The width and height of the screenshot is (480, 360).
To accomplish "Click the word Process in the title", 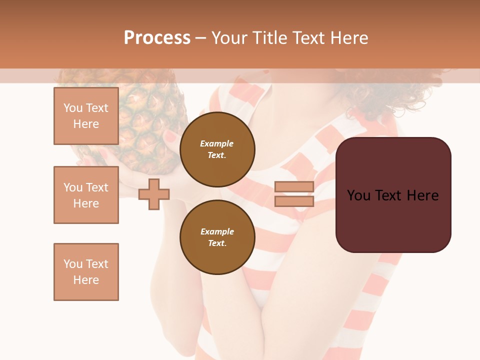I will pyautogui.click(x=157, y=38).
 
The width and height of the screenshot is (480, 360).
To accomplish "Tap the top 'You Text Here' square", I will pyautogui.click(x=86, y=116).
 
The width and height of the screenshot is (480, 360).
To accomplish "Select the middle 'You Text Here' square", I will pyautogui.click(x=86, y=195).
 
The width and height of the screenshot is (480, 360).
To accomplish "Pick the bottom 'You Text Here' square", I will pyautogui.click(x=86, y=271).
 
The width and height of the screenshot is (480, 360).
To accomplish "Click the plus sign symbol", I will pyautogui.click(x=154, y=194).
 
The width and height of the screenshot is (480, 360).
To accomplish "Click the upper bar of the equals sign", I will pyautogui.click(x=294, y=186).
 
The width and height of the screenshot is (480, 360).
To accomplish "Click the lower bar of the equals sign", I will pyautogui.click(x=294, y=201).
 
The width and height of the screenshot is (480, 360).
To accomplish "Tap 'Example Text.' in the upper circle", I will pyautogui.click(x=217, y=149).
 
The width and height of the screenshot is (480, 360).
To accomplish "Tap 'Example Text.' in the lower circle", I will pyautogui.click(x=217, y=237).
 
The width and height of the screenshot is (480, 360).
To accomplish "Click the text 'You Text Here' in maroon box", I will pyautogui.click(x=393, y=195).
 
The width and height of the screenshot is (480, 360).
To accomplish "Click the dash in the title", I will pyautogui.click(x=201, y=38).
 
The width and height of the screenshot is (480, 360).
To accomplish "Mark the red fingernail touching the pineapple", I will pyautogui.click(x=170, y=136).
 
